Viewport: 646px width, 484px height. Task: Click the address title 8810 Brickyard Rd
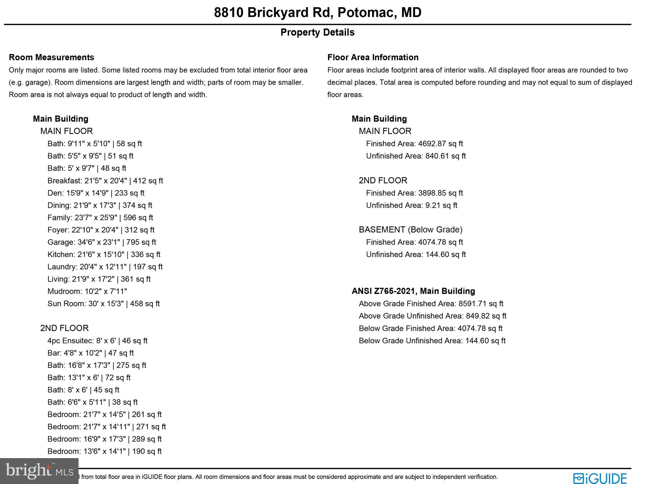(317, 13)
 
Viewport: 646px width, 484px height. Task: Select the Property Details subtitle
(317, 32)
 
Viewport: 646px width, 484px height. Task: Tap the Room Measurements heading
(51, 57)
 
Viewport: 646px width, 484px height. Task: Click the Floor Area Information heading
(373, 57)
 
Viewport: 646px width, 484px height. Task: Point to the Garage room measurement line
(102, 242)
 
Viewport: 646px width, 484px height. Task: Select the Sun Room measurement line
(103, 304)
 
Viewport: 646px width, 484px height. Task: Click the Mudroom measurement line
(87, 291)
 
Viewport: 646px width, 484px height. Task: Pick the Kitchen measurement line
(104, 254)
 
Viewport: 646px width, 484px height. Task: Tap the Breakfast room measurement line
(105, 181)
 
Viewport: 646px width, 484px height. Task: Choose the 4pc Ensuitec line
(97, 341)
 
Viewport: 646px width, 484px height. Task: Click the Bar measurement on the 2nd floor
(91, 353)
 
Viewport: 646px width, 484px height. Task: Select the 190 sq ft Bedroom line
(104, 451)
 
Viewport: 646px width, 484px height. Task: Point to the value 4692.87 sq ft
(440, 144)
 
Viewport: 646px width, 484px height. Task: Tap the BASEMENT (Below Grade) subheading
(410, 230)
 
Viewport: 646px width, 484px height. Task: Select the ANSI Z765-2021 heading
(413, 291)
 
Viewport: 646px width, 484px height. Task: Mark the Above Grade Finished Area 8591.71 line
(431, 304)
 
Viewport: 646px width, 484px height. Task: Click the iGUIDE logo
(600, 478)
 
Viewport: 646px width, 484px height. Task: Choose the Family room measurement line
(100, 218)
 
